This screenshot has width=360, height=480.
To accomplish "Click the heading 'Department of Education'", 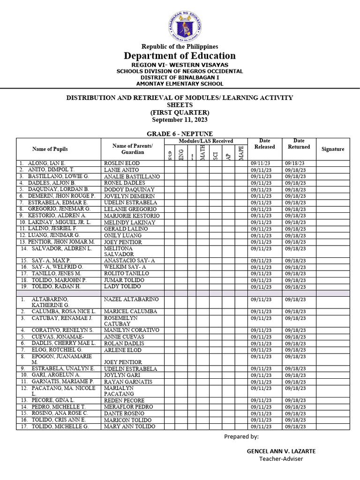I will click(180, 56).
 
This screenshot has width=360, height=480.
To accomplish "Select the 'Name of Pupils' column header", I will click(50, 149).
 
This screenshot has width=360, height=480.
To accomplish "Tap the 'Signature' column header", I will click(333, 149).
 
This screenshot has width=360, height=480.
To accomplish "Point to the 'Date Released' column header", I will click(265, 143).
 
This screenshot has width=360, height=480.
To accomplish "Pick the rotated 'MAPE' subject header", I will click(241, 153).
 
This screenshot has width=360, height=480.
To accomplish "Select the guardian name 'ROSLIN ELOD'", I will click(122, 163).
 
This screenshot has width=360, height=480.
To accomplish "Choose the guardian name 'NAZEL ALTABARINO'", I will click(131, 299).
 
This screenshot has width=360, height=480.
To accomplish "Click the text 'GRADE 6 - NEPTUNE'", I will click(180, 134).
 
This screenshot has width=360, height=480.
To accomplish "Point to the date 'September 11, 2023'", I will click(180, 120).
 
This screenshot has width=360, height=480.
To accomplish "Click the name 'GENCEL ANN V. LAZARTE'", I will click(281, 451).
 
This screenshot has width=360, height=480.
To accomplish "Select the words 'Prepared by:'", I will click(241, 436).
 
